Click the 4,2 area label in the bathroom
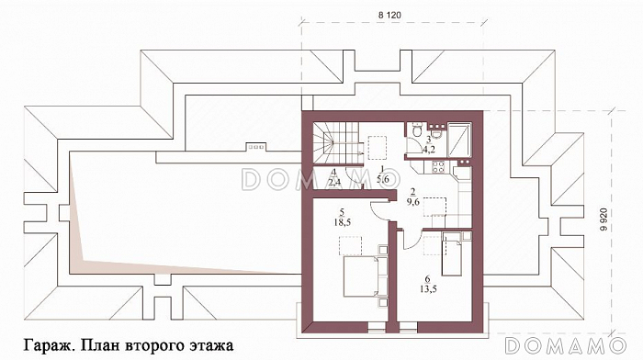pos(428,146)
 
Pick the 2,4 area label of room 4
pos(335,181)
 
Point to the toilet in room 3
pos(441,135)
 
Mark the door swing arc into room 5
pos(377,208)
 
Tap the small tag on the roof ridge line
pos(254,145)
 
